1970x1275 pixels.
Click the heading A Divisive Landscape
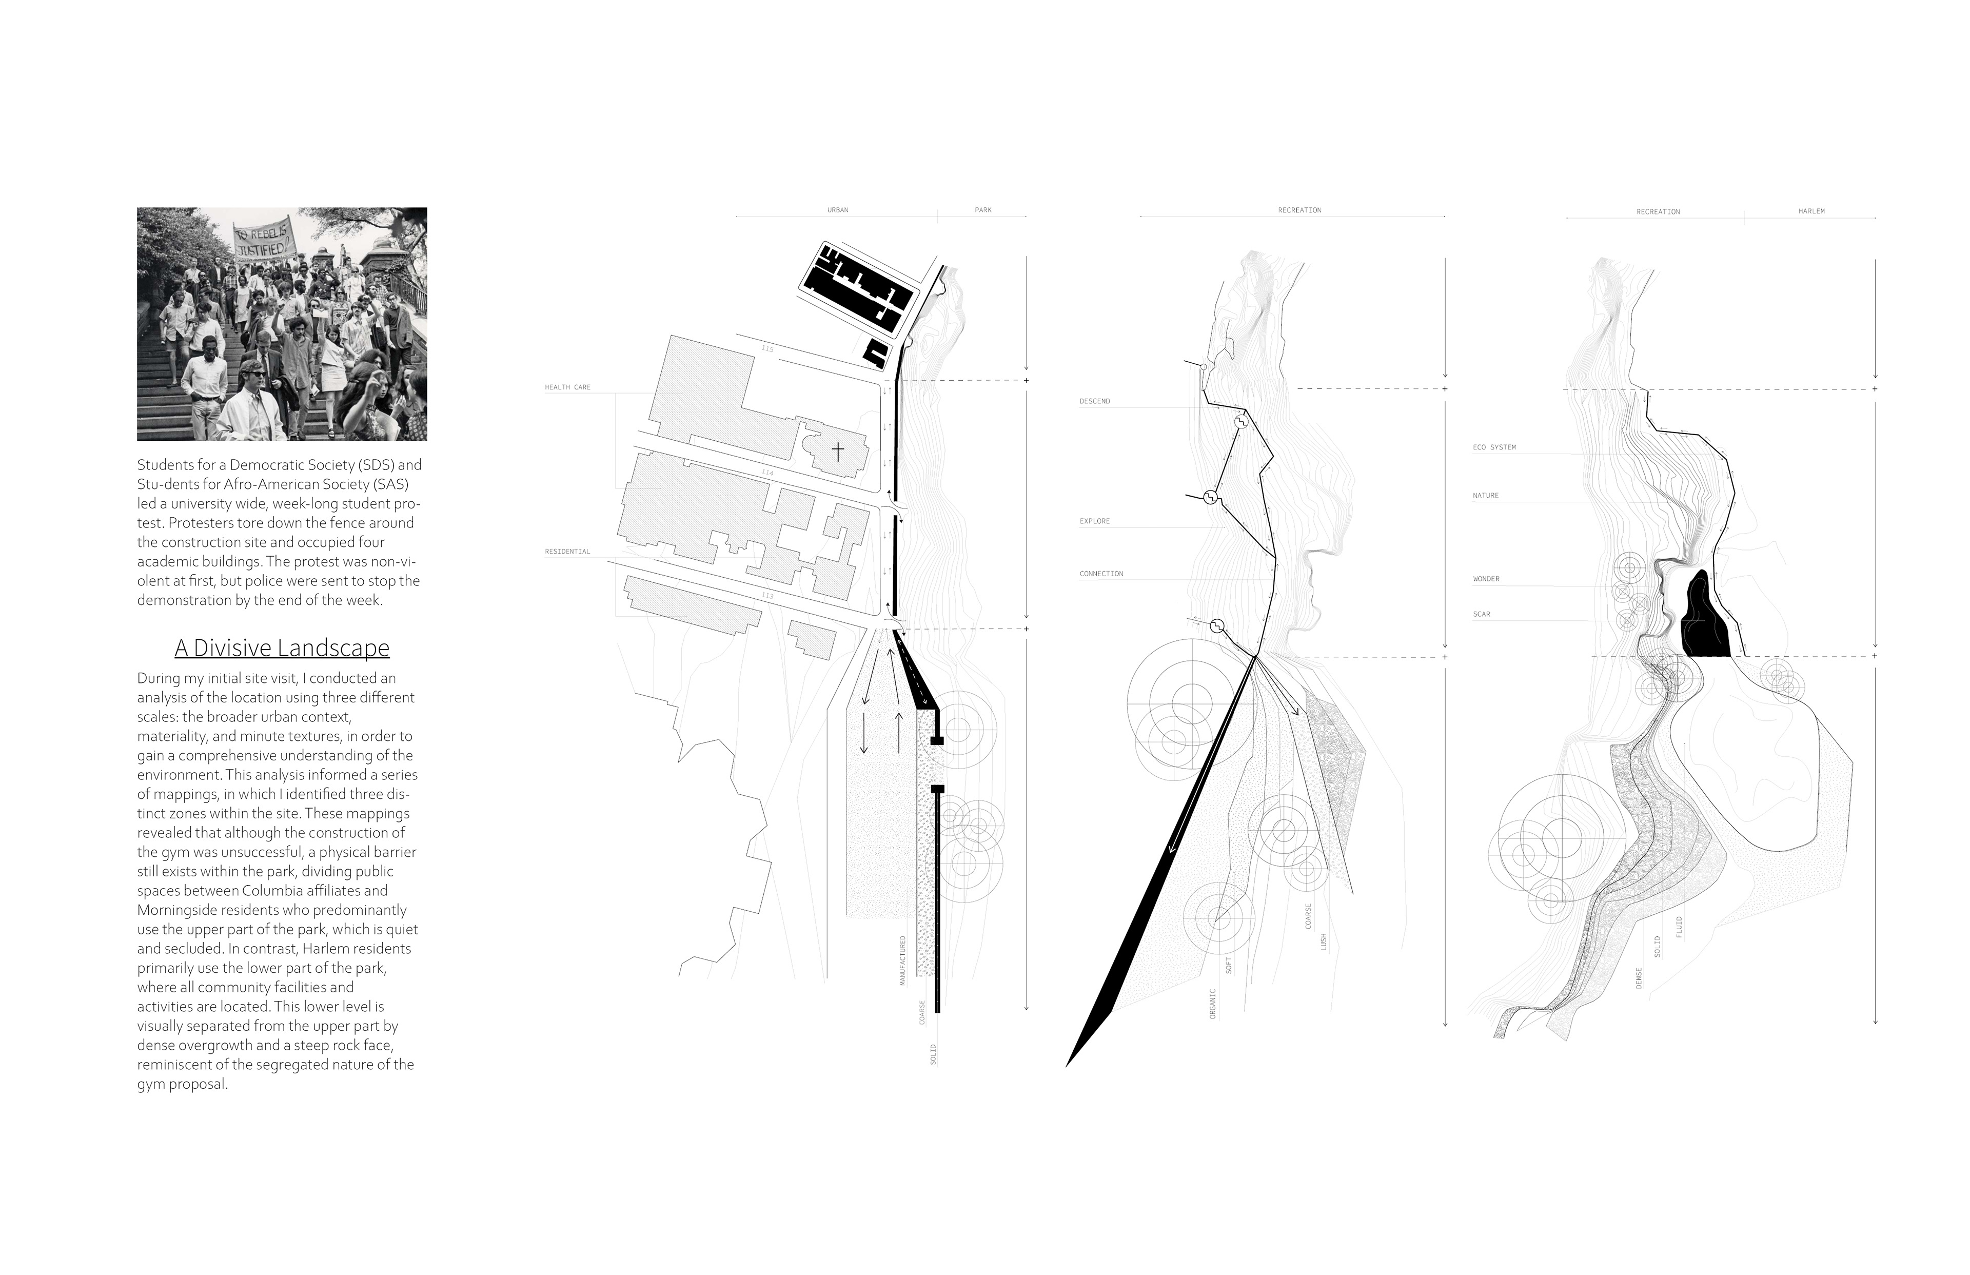tap(282, 648)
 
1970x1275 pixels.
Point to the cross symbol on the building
tap(838, 451)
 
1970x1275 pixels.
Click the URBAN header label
tap(838, 210)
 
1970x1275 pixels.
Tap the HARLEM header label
tap(1811, 211)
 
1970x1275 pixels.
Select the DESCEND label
tap(1094, 402)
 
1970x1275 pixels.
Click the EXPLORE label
tap(1094, 522)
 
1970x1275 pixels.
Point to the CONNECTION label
tap(1101, 574)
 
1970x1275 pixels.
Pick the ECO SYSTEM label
tap(1494, 447)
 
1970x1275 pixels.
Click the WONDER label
tap(1486, 580)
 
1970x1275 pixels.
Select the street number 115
tap(767, 349)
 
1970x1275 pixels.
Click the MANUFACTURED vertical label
tap(902, 960)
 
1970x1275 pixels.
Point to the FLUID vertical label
tap(1679, 927)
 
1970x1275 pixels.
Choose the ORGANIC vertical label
tap(1213, 1004)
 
